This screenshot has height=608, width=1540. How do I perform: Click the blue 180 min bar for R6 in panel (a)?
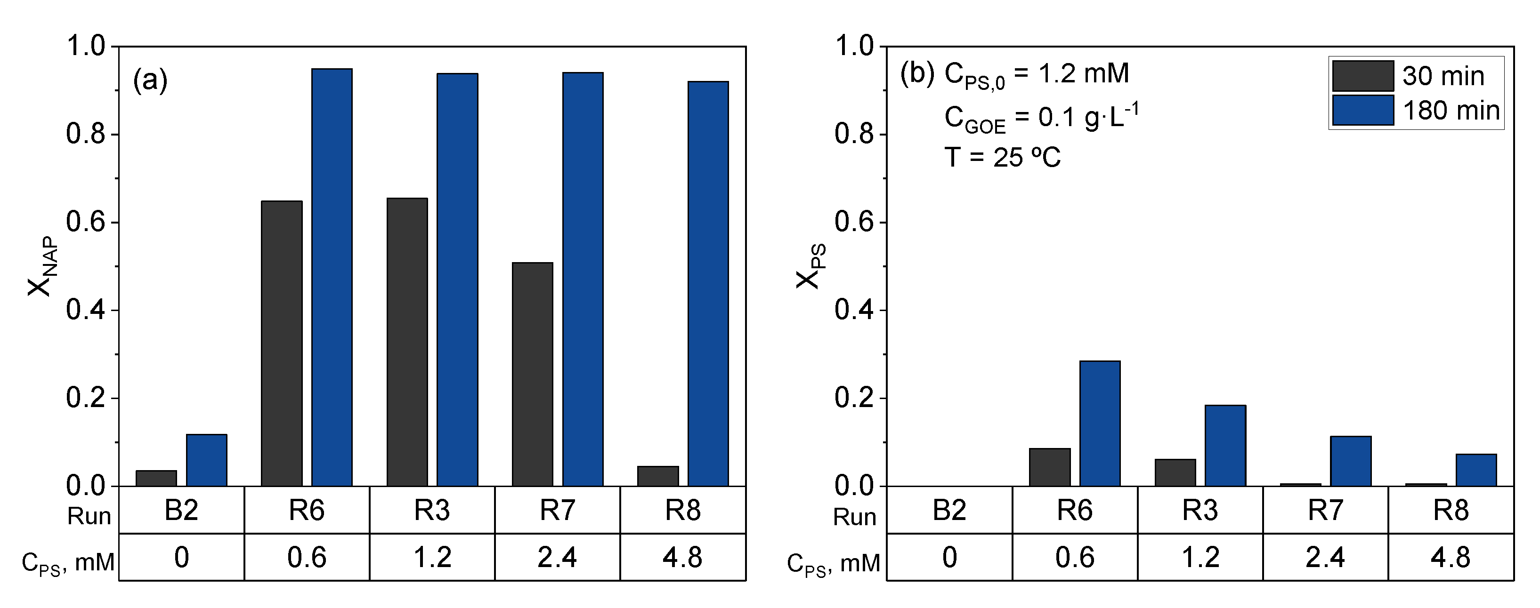332,278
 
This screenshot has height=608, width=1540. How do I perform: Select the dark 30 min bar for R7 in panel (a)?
533,375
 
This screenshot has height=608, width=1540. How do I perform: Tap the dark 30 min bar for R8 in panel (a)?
658,476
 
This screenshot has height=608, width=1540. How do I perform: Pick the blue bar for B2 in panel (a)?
206,460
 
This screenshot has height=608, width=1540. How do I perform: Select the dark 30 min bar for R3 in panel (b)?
1175,472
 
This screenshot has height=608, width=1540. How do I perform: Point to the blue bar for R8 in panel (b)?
1476,470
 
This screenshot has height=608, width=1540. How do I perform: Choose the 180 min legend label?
1451,111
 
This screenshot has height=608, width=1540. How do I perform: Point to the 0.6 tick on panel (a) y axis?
85,222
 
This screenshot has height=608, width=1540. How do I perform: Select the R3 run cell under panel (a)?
432,510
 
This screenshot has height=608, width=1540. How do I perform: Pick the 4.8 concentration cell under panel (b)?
1451,557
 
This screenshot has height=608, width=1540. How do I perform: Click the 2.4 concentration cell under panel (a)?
557,557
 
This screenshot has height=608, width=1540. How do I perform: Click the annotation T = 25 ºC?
1003,158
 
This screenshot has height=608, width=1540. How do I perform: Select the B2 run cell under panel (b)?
949,510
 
